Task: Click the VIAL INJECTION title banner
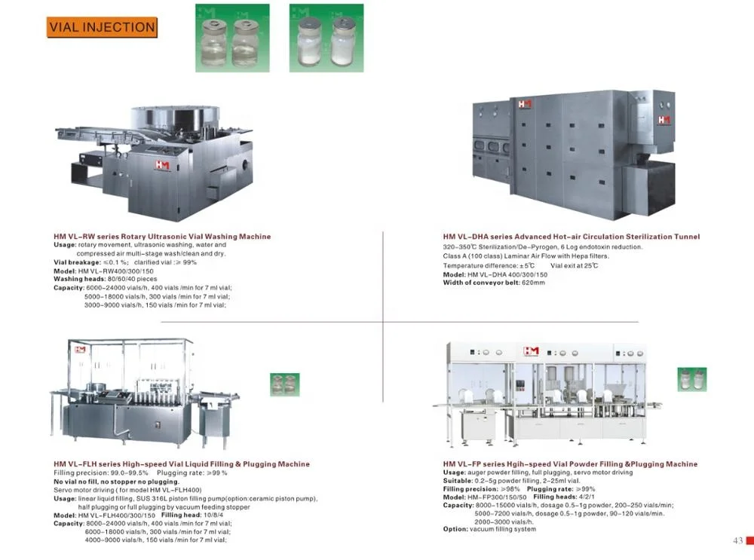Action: pyautogui.click(x=102, y=28)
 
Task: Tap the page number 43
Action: pyautogui.click(x=737, y=540)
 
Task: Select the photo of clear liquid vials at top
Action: pyautogui.click(x=232, y=38)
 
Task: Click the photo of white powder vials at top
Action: pyautogui.click(x=326, y=38)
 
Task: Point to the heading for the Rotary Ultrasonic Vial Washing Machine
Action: pyautogui.click(x=162, y=237)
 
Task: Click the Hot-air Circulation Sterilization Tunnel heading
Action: pyautogui.click(x=572, y=237)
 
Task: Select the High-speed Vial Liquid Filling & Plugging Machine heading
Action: pyautogui.click(x=182, y=464)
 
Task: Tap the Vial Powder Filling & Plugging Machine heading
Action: pyautogui.click(x=570, y=464)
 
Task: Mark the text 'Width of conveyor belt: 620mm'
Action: pyautogui.click(x=494, y=283)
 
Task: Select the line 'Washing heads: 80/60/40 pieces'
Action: pyautogui.click(x=106, y=279)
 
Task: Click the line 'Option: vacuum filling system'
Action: pyautogui.click(x=489, y=529)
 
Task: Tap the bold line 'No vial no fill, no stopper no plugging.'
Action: pyautogui.click(x=116, y=482)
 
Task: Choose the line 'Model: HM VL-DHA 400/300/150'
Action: pyautogui.click(x=495, y=275)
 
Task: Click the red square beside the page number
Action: pyautogui.click(x=749, y=540)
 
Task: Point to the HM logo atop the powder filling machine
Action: pyautogui.click(x=532, y=351)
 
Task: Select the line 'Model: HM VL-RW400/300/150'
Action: pyautogui.click(x=103, y=271)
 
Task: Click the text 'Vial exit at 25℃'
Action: pyautogui.click(x=575, y=266)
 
